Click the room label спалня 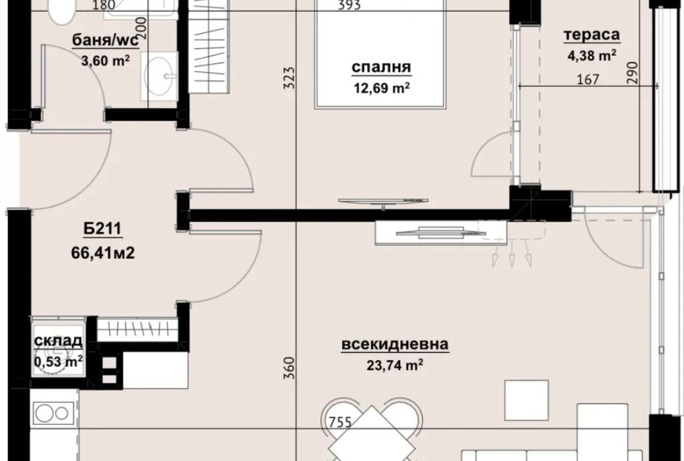pyautogui.click(x=381, y=68)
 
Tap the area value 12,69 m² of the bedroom pyautogui.click(x=381, y=87)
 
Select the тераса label pyautogui.click(x=591, y=35)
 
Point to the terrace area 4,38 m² pyautogui.click(x=592, y=55)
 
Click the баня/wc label pyautogui.click(x=105, y=40)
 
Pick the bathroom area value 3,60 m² pyautogui.click(x=105, y=60)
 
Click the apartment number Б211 pyautogui.click(x=102, y=229)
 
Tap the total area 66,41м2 pyautogui.click(x=102, y=252)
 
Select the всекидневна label pyautogui.click(x=395, y=344)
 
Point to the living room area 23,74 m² pyautogui.click(x=395, y=365)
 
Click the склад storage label pyautogui.click(x=58, y=341)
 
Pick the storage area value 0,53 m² pyautogui.click(x=58, y=361)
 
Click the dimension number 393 pyautogui.click(x=349, y=5)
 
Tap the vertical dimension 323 pyautogui.click(x=289, y=78)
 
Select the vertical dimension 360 pyautogui.click(x=289, y=368)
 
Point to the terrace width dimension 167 pyautogui.click(x=588, y=79)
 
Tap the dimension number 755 pyautogui.click(x=340, y=422)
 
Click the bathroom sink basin pyautogui.click(x=159, y=76)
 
